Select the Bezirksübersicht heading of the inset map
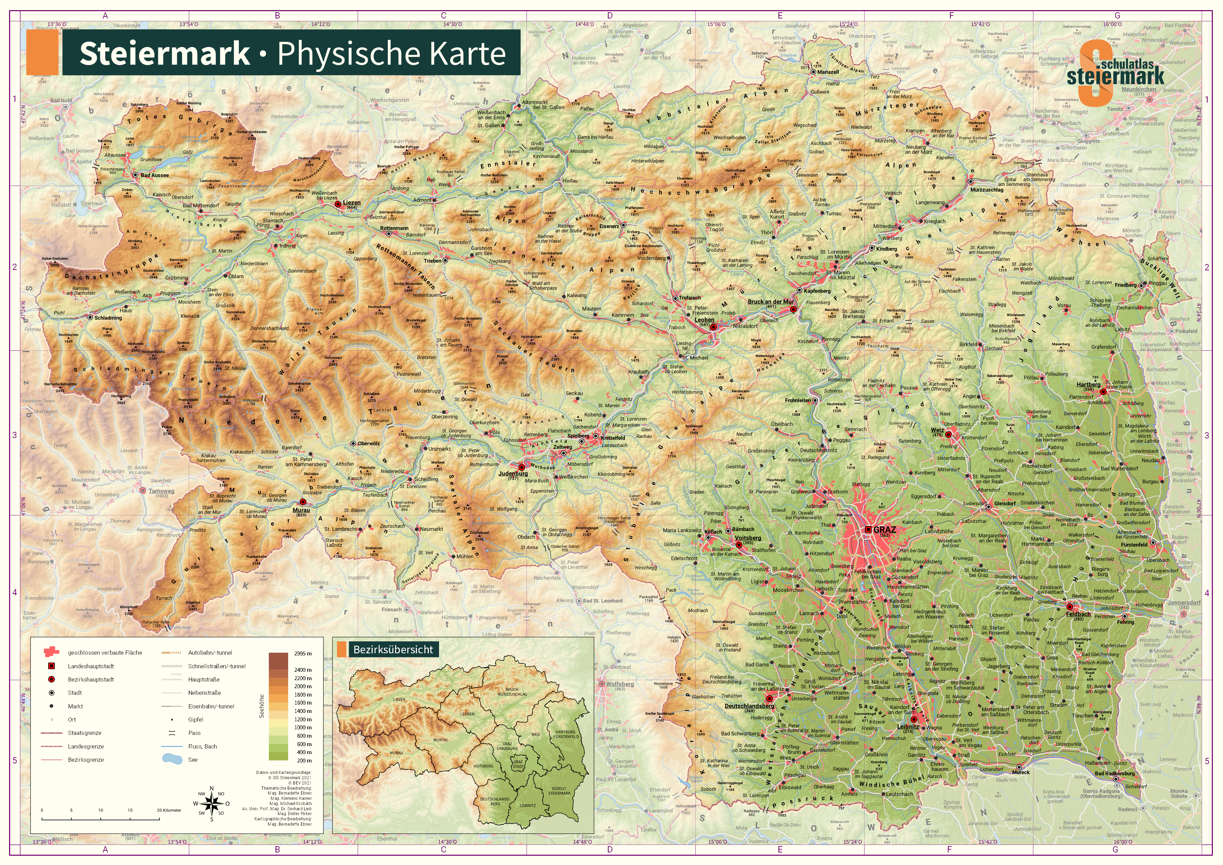click(x=393, y=649)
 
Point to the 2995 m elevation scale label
click(x=303, y=653)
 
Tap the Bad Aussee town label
click(x=154, y=175)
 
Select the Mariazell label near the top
click(x=828, y=72)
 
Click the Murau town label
click(x=301, y=510)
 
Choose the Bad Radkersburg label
click(x=1114, y=773)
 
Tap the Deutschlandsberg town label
click(x=749, y=706)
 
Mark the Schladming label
click(x=108, y=317)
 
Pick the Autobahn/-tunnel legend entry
click(x=210, y=653)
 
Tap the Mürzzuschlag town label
click(x=987, y=190)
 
